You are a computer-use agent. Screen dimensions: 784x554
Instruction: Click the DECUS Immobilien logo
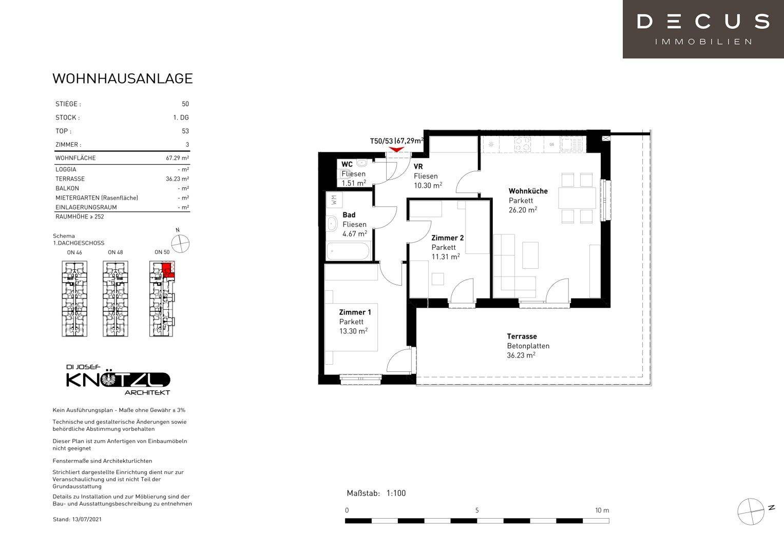703,29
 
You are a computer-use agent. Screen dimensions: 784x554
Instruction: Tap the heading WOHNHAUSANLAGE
123,78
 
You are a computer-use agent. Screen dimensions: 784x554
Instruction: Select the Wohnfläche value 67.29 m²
178,158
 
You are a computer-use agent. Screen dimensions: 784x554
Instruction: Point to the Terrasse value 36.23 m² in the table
178,179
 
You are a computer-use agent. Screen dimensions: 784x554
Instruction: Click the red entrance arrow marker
396,149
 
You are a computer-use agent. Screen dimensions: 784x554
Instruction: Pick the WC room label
347,164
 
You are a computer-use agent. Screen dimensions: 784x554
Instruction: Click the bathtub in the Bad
348,251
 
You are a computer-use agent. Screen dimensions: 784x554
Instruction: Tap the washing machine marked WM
334,200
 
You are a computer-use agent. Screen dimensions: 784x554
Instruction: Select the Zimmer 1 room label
355,312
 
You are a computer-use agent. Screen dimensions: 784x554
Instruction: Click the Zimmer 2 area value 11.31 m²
446,256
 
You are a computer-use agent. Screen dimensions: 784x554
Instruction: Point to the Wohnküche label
528,191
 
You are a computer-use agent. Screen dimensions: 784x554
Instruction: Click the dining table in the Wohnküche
577,198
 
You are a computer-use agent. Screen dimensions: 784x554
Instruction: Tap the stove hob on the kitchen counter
523,144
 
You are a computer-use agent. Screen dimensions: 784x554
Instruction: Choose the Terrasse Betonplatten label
528,346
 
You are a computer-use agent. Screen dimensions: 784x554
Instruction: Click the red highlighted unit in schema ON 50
168,270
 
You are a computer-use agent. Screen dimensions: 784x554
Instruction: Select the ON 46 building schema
74,299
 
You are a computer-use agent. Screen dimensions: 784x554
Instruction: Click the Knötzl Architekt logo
118,380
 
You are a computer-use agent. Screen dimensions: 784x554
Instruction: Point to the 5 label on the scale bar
476,510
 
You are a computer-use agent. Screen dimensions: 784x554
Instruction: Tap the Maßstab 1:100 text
376,493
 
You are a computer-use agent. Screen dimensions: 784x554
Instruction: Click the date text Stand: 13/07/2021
77,519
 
